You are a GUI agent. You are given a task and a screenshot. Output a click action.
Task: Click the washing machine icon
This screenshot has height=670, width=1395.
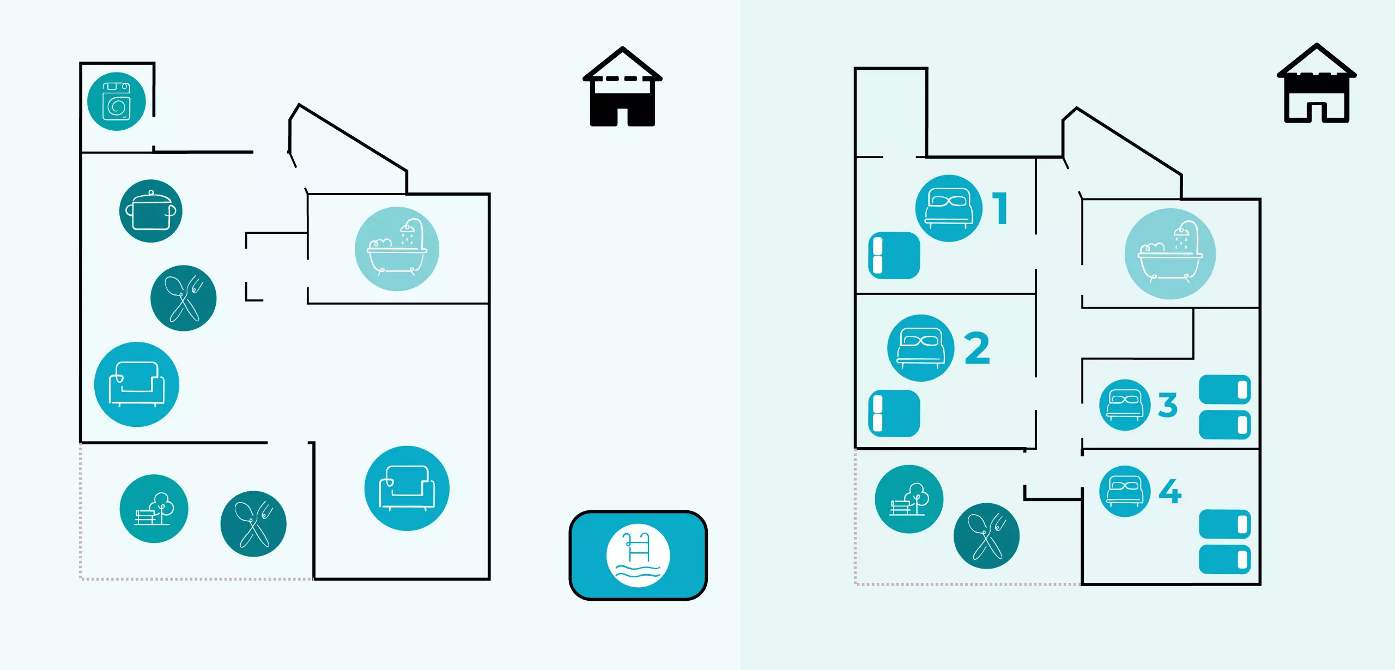[x=116, y=101]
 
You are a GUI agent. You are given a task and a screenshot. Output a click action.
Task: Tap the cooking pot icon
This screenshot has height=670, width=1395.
[x=151, y=211]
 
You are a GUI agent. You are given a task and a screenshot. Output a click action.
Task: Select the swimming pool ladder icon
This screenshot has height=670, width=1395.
[x=638, y=555]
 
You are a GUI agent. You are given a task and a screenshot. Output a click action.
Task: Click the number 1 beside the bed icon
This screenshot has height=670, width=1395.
[x=1000, y=208]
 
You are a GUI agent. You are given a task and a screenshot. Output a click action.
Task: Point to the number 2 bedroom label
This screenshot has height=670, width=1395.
[x=977, y=348]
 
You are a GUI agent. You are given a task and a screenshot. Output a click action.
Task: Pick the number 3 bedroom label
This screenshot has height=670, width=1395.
[x=1168, y=405]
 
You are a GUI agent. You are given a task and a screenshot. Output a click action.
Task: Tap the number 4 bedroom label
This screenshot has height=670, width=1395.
[x=1170, y=491]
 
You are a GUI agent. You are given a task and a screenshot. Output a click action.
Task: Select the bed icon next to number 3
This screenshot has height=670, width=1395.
[x=1125, y=405]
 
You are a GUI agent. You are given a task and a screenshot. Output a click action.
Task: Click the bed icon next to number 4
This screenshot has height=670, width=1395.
[x=1125, y=491]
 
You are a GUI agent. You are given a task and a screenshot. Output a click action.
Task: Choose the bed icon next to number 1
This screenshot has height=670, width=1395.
[x=949, y=208]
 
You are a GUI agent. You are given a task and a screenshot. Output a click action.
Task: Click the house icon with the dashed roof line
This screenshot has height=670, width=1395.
[x=622, y=87]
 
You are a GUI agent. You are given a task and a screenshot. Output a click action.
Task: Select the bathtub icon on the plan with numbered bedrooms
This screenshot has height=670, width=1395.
[x=1170, y=254]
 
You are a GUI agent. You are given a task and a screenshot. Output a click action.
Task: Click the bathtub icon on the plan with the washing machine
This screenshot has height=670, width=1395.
[x=397, y=249]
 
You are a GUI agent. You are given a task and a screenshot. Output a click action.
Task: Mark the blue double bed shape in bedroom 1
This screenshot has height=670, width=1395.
[x=894, y=256]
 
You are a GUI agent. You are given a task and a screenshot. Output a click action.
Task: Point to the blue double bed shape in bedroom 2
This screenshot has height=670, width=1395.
[x=894, y=413]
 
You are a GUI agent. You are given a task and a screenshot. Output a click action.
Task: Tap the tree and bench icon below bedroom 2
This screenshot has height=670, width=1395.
[x=909, y=499]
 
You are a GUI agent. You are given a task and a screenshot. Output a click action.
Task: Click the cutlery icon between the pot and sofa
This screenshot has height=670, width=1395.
[x=184, y=298]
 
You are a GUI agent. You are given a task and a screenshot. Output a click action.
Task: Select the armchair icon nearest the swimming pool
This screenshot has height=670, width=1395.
[x=407, y=488]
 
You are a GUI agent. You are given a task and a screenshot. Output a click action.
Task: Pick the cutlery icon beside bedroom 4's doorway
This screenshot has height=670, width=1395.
[x=986, y=536]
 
